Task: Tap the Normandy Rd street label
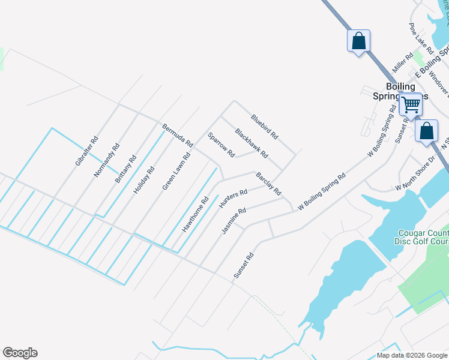[107, 160]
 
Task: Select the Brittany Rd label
[126, 169]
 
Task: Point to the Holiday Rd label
[144, 179]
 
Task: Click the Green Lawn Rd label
[176, 172]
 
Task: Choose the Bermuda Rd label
[178, 136]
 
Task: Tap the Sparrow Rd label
[221, 145]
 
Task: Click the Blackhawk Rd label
[251, 143]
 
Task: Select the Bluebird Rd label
[265, 127]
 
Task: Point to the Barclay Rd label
[268, 184]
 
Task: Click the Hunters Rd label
[234, 199]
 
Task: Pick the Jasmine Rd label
[234, 221]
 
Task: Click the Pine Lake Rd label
[420, 37]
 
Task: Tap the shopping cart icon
[411, 104]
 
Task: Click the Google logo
[20, 353]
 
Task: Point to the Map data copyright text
[412, 355]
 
